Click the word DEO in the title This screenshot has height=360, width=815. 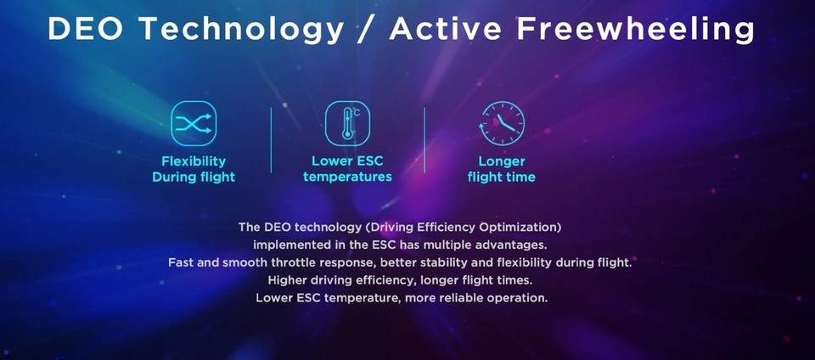pyautogui.click(x=85, y=29)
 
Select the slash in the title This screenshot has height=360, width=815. pyautogui.click(x=366, y=29)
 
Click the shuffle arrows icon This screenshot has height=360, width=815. pyautogui.click(x=194, y=123)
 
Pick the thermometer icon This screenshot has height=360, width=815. pyautogui.click(x=347, y=123)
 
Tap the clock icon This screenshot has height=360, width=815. pyautogui.click(x=502, y=123)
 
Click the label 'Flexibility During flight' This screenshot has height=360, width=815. pyautogui.click(x=194, y=169)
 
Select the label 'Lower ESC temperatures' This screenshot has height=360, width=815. pyautogui.click(x=347, y=169)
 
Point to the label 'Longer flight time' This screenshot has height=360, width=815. pyautogui.click(x=502, y=169)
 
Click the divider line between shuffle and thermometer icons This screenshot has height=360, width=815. pyautogui.click(x=272, y=140)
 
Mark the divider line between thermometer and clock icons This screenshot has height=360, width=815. pyautogui.click(x=424, y=140)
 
